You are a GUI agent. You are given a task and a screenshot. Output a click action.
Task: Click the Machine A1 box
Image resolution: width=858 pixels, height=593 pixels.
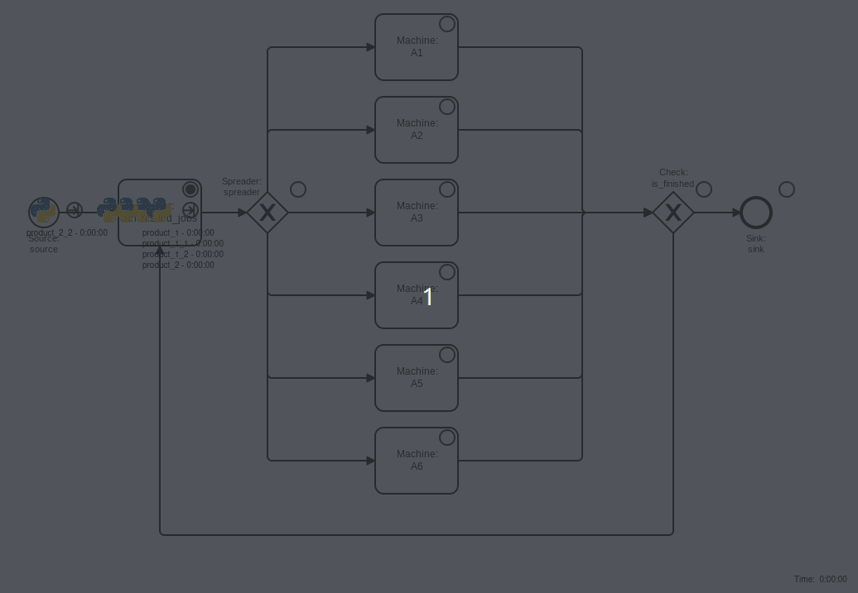pyautogui.click(x=417, y=47)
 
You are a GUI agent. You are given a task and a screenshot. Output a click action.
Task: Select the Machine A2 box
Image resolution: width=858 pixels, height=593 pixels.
pyautogui.click(x=417, y=130)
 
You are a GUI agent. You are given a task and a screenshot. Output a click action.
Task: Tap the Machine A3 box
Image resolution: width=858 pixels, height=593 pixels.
pyautogui.click(x=417, y=213)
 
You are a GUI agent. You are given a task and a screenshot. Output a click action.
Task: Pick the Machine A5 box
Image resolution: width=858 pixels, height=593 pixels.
pyautogui.click(x=417, y=378)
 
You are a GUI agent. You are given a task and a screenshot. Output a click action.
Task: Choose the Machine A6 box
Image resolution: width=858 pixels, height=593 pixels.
pyautogui.click(x=417, y=461)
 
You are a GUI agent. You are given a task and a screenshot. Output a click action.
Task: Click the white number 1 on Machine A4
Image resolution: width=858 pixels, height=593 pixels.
pyautogui.click(x=428, y=297)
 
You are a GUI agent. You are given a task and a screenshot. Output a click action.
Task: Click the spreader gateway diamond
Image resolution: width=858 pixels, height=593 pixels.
pyautogui.click(x=268, y=213)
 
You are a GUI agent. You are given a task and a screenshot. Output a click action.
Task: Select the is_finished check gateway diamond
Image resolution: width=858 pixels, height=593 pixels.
pyautogui.click(x=673, y=213)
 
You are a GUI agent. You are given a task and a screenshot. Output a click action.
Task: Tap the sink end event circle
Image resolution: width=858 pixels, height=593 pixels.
pyautogui.click(x=756, y=213)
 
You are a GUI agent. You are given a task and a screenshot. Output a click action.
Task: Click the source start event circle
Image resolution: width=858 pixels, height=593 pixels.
pyautogui.click(x=44, y=212)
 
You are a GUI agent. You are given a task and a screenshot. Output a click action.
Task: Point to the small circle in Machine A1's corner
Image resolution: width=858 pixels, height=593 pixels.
pyautogui.click(x=447, y=24)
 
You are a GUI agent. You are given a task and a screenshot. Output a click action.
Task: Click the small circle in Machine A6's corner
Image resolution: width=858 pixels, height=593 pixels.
pyautogui.click(x=447, y=438)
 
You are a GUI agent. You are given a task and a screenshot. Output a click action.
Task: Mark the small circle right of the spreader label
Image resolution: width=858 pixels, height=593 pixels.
pyautogui.click(x=298, y=189)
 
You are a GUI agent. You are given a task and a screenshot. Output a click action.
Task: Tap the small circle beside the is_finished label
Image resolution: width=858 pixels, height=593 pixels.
pyautogui.click(x=704, y=189)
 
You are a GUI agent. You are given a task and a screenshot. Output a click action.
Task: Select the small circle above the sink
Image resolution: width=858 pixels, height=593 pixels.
pyautogui.click(x=787, y=189)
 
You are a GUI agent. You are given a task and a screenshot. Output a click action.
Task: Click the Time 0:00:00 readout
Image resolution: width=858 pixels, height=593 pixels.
pyautogui.click(x=820, y=580)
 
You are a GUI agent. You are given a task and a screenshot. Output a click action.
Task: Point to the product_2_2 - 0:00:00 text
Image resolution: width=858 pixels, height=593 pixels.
pyautogui.click(x=67, y=233)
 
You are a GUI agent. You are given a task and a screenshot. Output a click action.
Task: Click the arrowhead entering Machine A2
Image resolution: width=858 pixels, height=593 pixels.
pyautogui.click(x=370, y=130)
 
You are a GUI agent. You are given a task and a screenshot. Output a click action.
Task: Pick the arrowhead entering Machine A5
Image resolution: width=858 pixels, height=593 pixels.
pyautogui.click(x=370, y=378)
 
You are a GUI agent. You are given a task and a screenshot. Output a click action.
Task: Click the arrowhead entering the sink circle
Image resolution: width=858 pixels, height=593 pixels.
pyautogui.click(x=736, y=213)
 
